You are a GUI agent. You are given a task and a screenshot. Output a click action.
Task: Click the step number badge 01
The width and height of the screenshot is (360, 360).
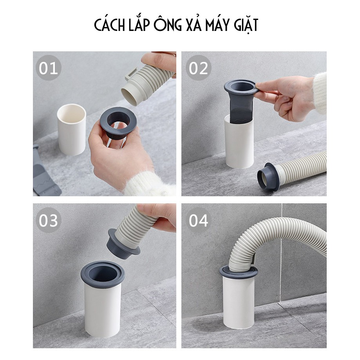49,68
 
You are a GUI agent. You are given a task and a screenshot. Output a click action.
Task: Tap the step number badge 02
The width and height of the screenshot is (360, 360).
198,68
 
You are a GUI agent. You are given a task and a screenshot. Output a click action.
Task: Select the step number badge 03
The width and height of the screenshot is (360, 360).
49,220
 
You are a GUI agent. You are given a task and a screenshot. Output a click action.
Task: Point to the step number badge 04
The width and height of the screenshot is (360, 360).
198,220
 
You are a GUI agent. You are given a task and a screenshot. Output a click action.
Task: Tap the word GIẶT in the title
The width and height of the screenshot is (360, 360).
246,25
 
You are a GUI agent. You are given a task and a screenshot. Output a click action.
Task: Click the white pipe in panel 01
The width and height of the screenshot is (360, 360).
72,130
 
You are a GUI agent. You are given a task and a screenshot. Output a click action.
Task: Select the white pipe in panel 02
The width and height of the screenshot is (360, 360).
239,144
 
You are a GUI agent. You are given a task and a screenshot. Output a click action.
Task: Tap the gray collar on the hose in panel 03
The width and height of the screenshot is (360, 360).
122,246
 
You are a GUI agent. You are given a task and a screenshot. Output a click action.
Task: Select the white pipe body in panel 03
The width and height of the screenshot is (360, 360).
102,310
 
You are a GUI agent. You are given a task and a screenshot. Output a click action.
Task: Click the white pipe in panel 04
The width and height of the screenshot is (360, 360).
239,301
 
